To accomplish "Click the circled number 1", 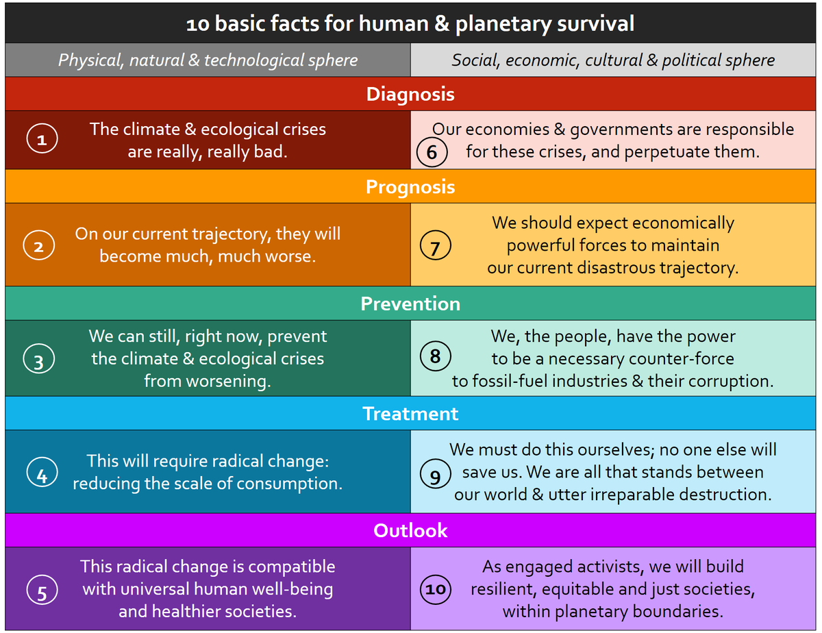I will (42, 140).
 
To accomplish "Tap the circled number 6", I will (432, 151).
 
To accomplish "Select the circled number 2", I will (38, 247).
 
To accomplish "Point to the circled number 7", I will (435, 247).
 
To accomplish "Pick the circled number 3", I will (38, 360).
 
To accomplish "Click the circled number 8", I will (435, 357).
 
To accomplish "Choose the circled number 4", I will (42, 474).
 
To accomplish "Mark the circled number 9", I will (435, 475).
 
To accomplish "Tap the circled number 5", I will (42, 591).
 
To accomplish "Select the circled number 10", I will (435, 589).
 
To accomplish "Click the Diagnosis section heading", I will (410, 94).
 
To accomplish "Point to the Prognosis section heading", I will (410, 186).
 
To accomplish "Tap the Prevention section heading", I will (410, 303).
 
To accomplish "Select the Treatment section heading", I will (410, 414).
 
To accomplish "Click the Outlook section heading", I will (410, 530).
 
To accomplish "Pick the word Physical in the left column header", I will (88, 60).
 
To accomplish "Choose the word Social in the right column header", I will (476, 60).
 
